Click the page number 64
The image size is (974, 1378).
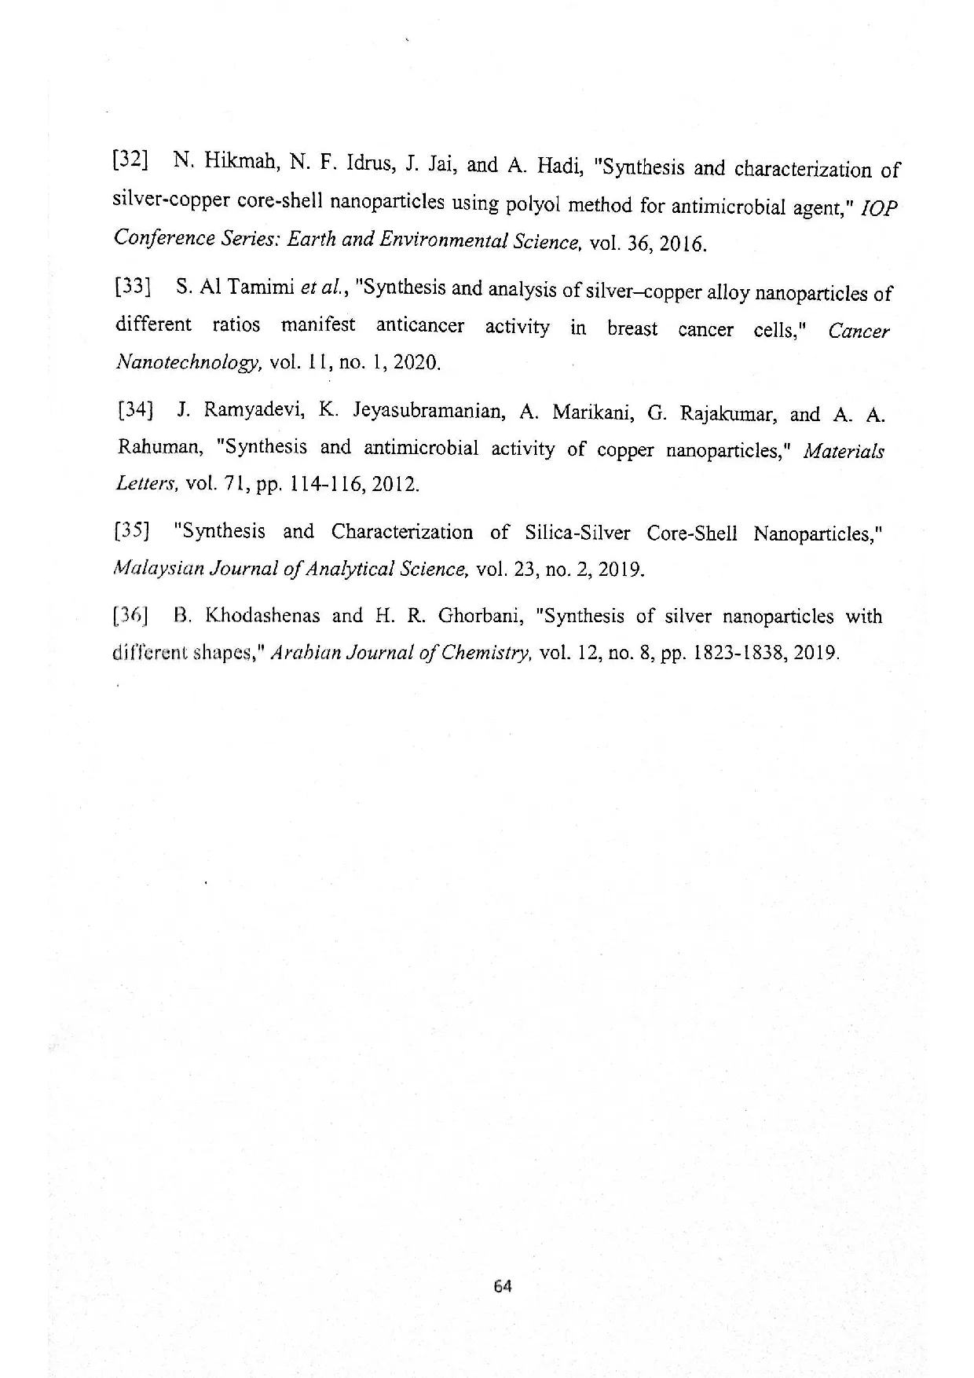(x=503, y=1286)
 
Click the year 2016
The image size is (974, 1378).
(x=683, y=244)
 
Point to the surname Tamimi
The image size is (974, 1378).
(x=258, y=287)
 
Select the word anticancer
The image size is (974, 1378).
(x=419, y=325)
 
